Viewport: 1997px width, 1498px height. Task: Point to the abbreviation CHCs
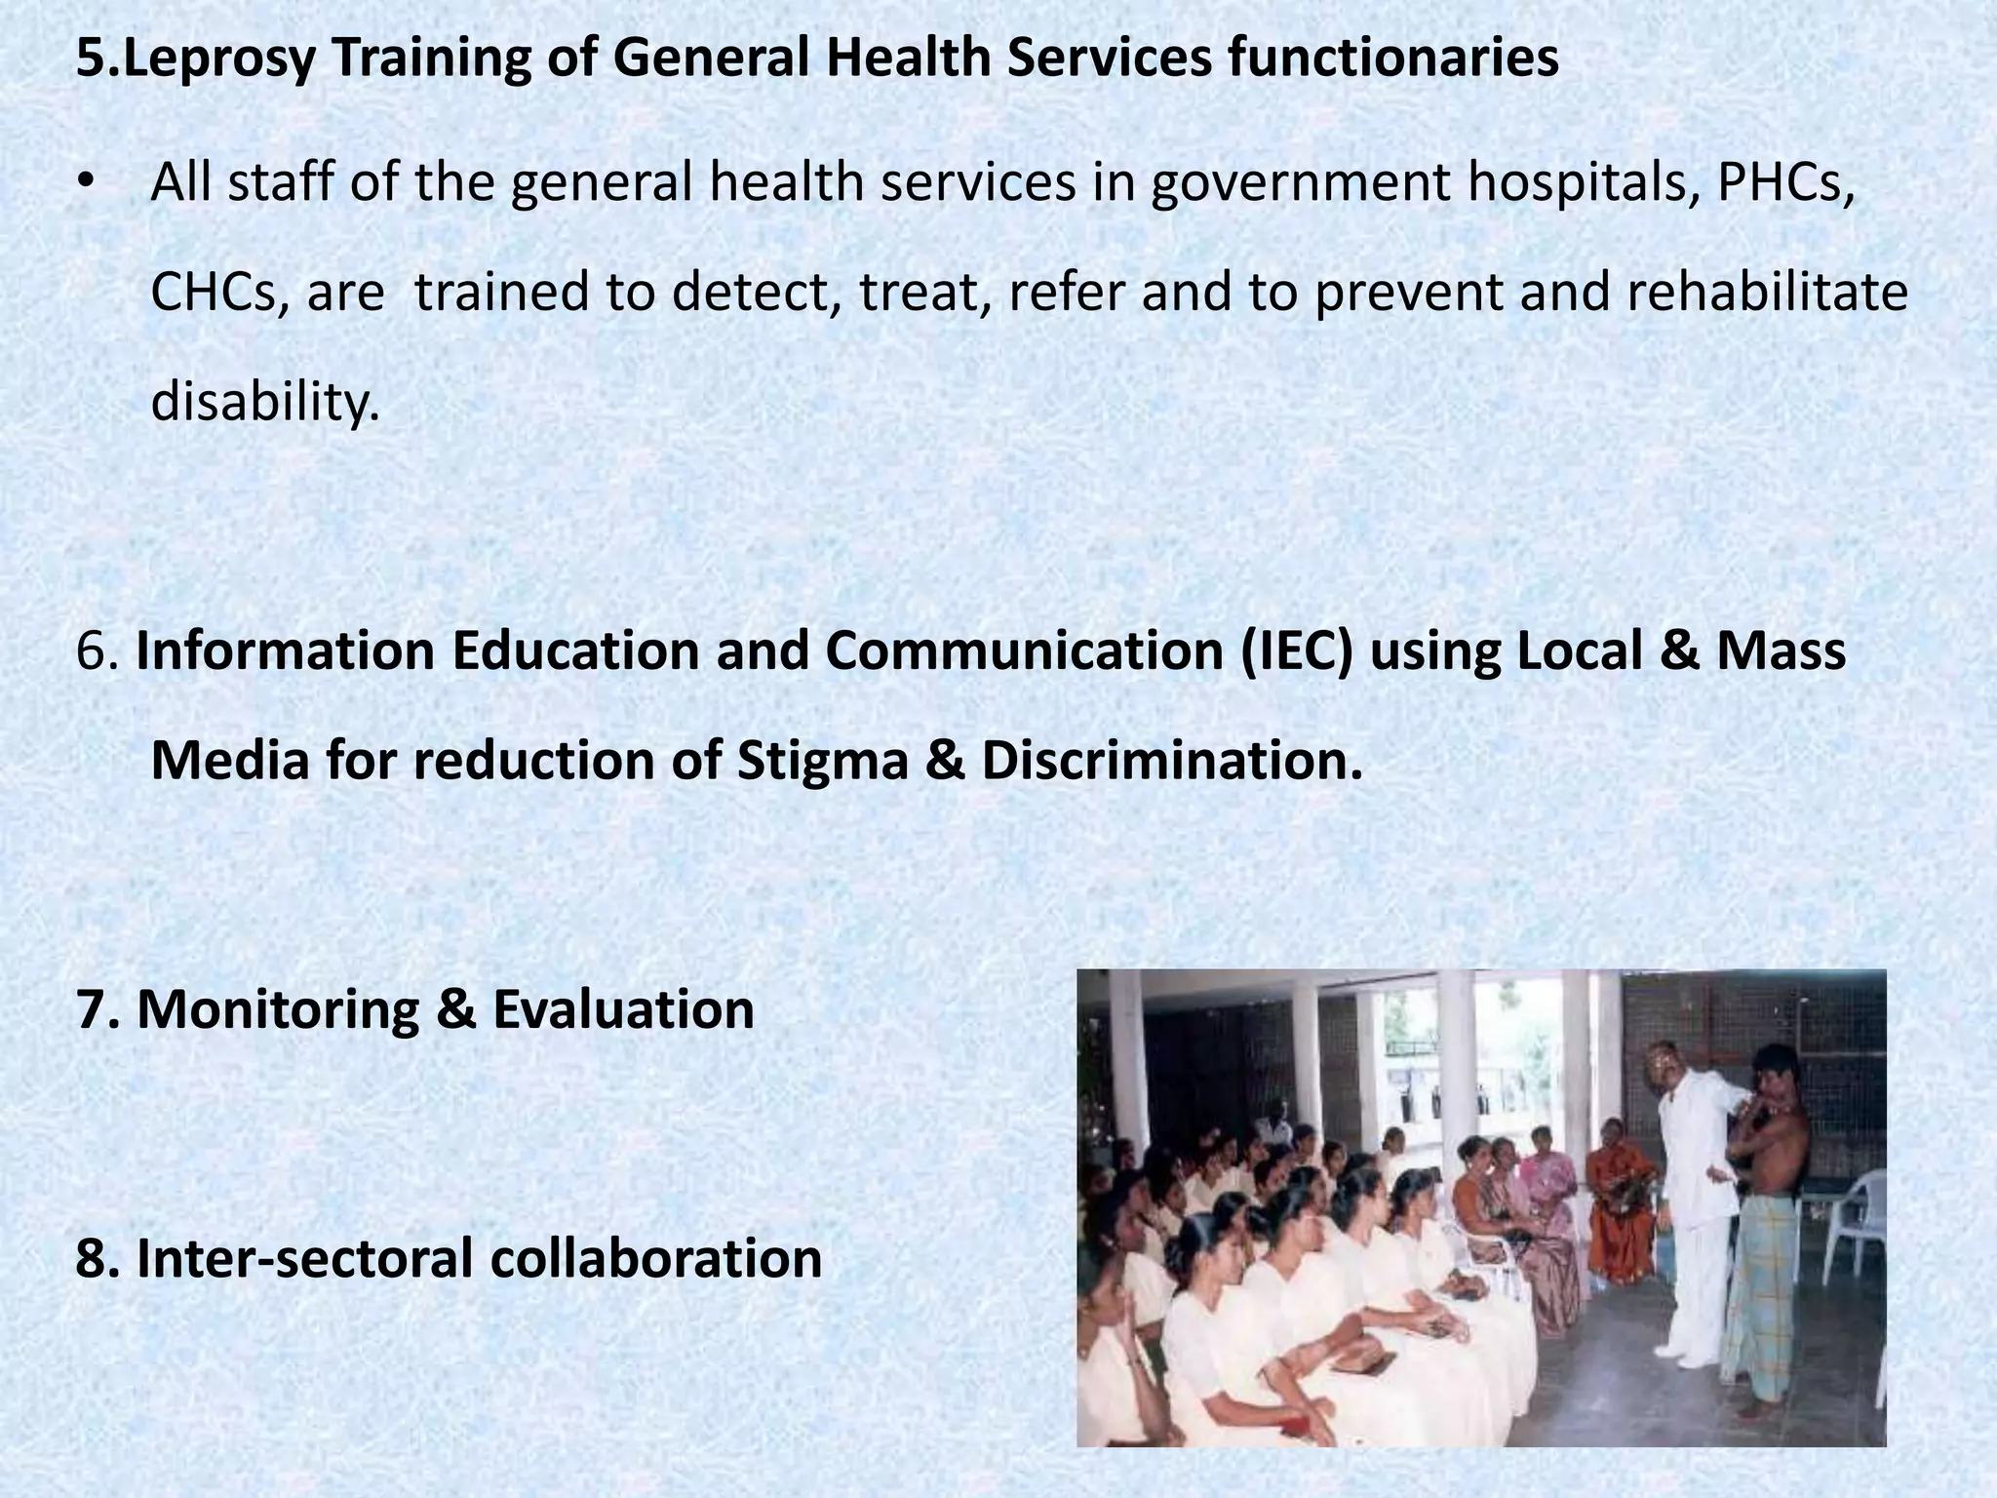tap(218, 293)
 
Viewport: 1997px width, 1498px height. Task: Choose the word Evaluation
tap(623, 1009)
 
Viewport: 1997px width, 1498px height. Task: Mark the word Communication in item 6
tap(1025, 650)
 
